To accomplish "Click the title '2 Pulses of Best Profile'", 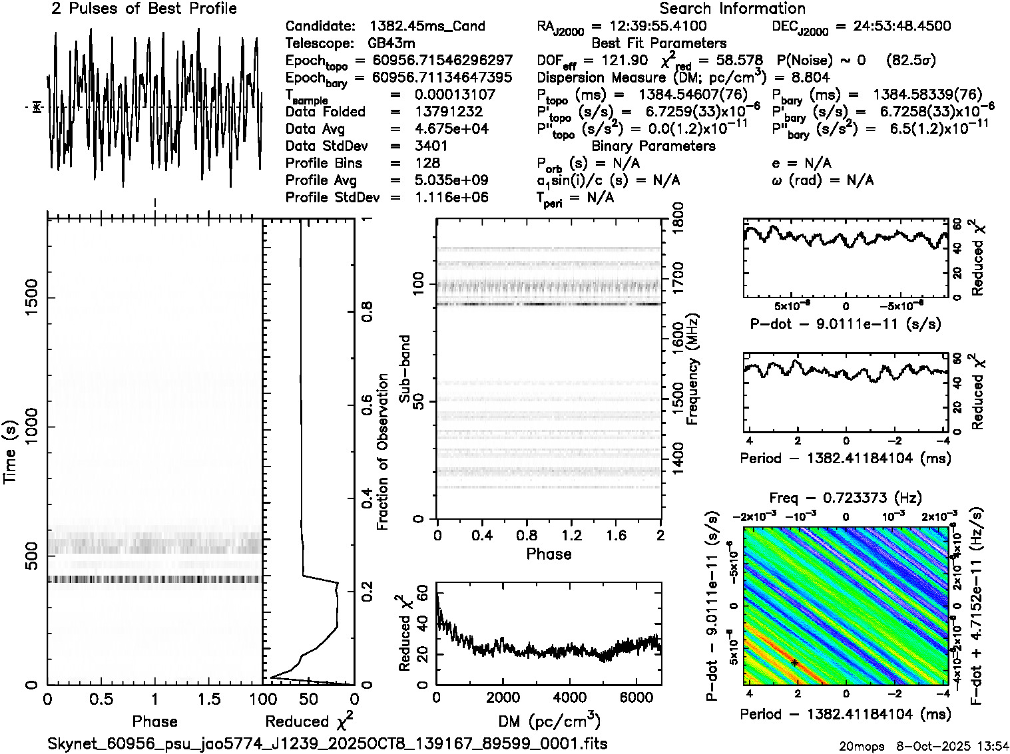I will (144, 9).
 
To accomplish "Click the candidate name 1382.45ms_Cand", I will (427, 27).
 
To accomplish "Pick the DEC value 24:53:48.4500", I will (893, 27).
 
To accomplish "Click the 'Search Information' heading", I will (732, 9).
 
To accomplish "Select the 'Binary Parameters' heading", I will (653, 146).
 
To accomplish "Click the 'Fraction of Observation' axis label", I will (382, 451).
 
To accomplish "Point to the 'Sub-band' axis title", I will (404, 368).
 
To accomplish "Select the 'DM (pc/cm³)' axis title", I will (549, 721).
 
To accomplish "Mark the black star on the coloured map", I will (794, 662).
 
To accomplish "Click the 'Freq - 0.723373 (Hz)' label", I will (846, 498).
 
